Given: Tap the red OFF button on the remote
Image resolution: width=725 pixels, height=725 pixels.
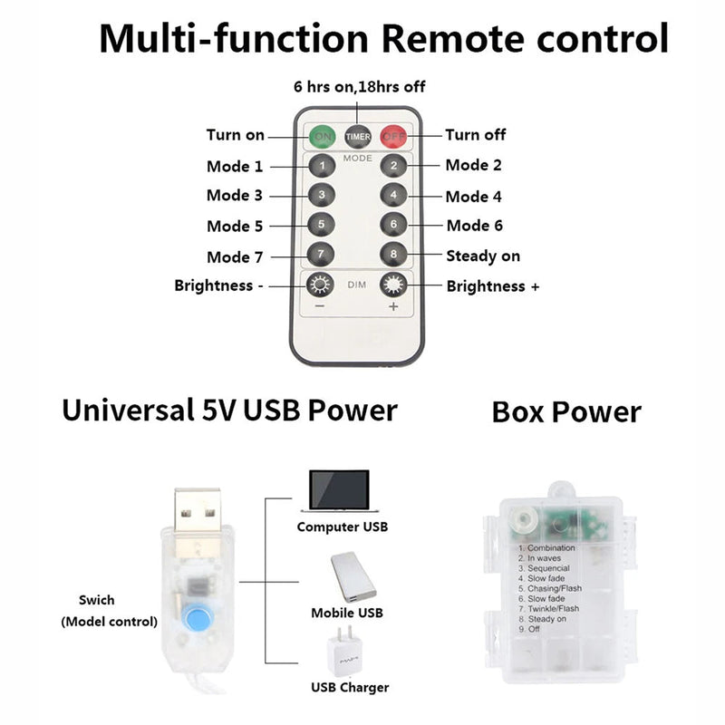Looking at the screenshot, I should pos(393,137).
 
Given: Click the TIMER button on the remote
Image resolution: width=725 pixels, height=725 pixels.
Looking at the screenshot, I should pos(358,137).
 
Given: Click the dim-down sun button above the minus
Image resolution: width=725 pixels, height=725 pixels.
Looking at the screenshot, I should pos(319,285).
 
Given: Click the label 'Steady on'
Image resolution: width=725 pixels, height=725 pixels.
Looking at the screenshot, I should pos(483,256).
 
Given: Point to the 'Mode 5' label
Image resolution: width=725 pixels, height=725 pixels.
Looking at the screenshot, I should pos(235,226).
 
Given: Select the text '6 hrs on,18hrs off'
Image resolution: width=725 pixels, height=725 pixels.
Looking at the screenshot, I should pos(359,87).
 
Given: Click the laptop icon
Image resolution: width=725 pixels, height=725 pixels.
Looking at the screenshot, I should pos(339,492).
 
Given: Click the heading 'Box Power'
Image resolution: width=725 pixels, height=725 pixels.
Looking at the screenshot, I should pos(566,412).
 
